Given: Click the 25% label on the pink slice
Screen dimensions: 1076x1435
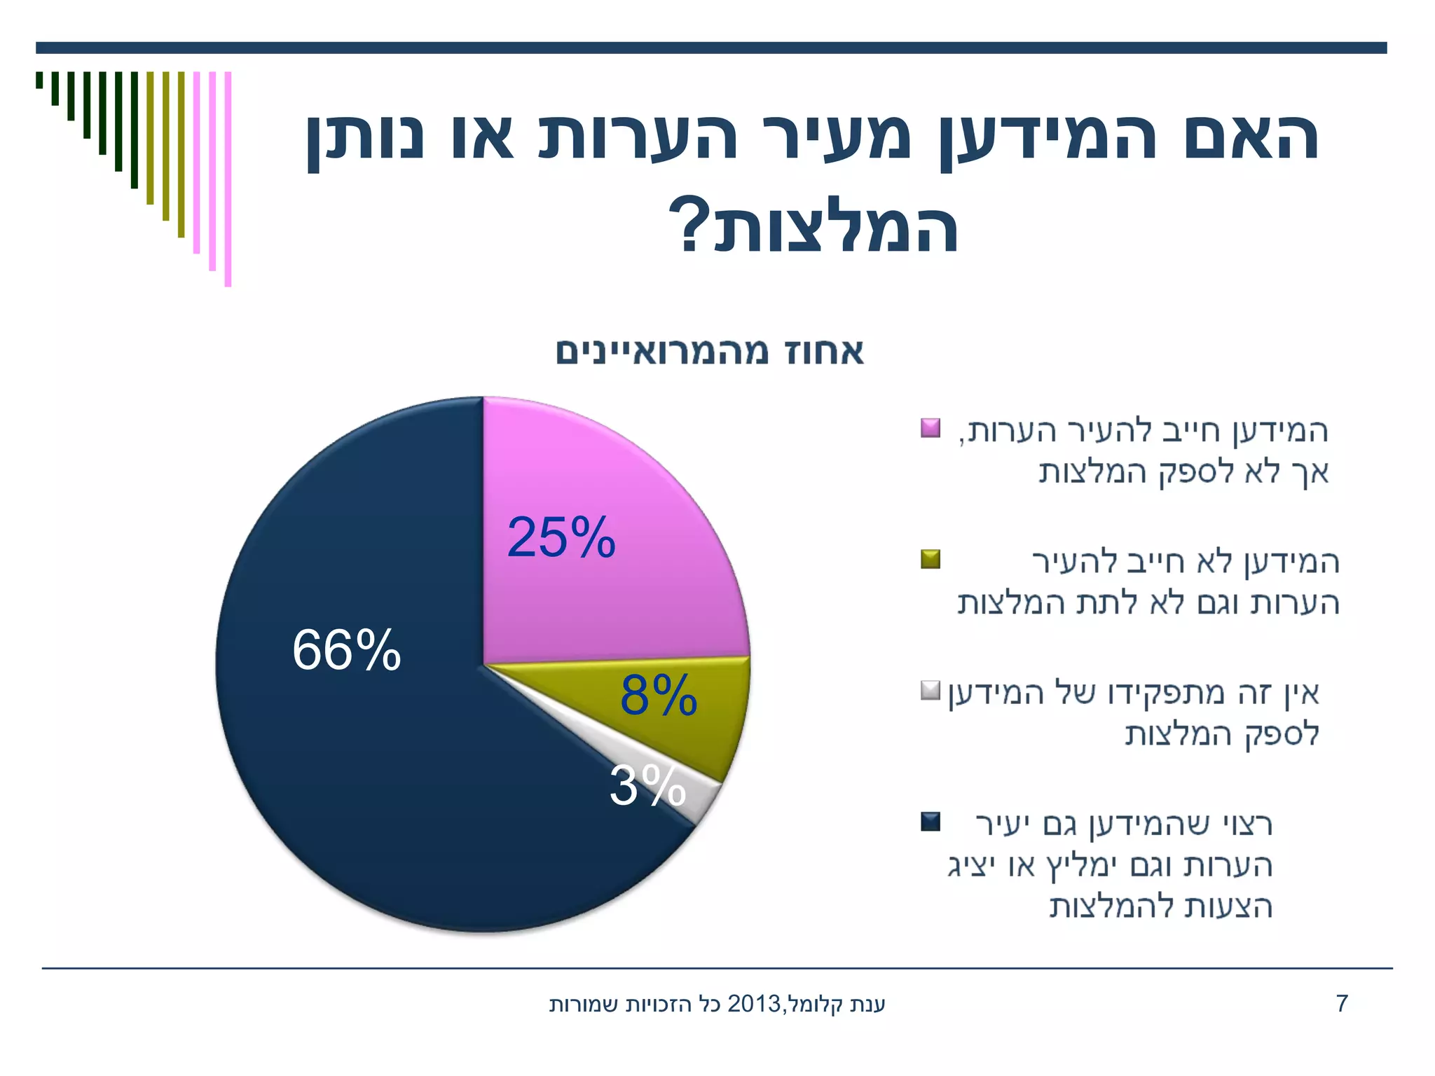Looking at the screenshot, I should click(561, 538).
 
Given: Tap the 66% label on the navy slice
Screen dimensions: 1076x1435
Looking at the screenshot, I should click(346, 650).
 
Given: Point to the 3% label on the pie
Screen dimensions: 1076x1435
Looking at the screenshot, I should click(647, 786).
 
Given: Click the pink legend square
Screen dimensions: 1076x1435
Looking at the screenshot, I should click(931, 428).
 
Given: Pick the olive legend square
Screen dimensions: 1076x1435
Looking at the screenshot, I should click(931, 559).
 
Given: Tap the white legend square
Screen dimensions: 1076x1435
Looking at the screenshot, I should click(931, 691).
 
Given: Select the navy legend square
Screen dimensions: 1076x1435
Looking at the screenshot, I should click(931, 822).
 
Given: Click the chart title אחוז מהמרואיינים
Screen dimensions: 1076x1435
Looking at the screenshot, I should click(710, 352).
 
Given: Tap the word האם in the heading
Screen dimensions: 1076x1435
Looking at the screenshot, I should click(1251, 137).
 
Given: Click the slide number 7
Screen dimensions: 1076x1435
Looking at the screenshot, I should click(1342, 1004).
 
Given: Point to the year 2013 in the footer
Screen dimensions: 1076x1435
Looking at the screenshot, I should click(755, 1004).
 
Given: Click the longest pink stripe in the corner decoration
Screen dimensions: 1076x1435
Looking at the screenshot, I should click(228, 179).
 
